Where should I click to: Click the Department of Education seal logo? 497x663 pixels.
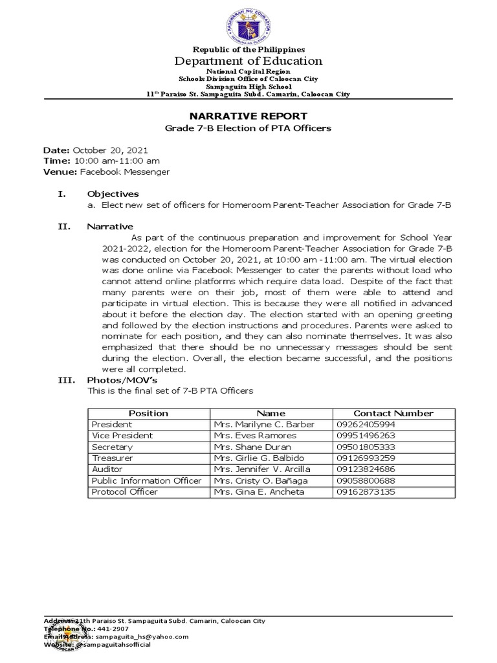(x=248, y=26)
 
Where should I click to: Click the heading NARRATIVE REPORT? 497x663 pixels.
(x=248, y=116)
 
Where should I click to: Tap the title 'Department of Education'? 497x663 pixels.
(x=248, y=62)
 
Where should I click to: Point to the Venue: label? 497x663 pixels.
(x=60, y=172)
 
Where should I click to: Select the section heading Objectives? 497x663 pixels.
(x=113, y=194)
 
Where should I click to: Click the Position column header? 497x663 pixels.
(x=148, y=413)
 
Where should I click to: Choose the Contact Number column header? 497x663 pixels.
(x=393, y=413)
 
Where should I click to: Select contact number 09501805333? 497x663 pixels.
(x=366, y=447)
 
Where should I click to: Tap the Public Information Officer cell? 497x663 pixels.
(x=146, y=480)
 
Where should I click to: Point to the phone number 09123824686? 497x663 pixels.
(x=366, y=469)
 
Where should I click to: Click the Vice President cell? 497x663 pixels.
(x=122, y=436)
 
